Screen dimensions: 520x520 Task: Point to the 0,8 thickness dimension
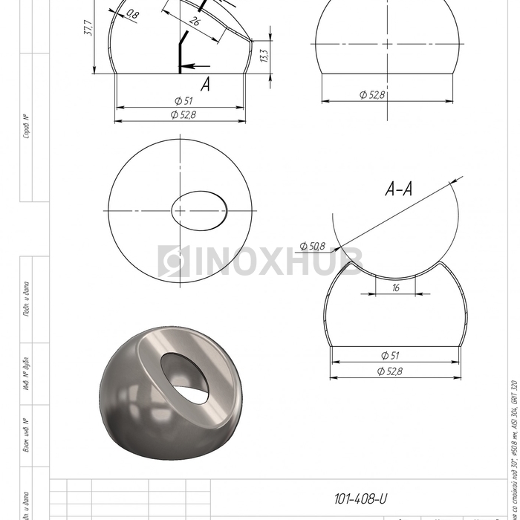(133, 13)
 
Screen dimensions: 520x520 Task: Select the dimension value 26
(195, 22)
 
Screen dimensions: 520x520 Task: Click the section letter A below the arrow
(205, 85)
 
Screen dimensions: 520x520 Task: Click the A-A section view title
(400, 190)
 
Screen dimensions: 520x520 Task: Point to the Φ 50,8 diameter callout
(313, 245)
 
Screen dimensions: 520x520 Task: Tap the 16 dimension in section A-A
(395, 287)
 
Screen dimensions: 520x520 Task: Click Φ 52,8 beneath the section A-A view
(392, 371)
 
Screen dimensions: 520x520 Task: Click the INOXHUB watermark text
(260, 260)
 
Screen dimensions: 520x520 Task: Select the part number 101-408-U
(360, 499)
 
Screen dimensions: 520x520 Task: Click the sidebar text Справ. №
(26, 127)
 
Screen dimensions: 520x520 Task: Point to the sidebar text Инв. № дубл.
(26, 372)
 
